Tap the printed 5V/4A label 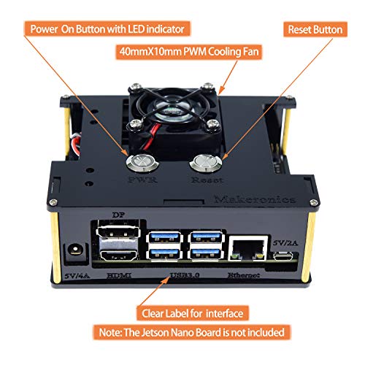[74, 275]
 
